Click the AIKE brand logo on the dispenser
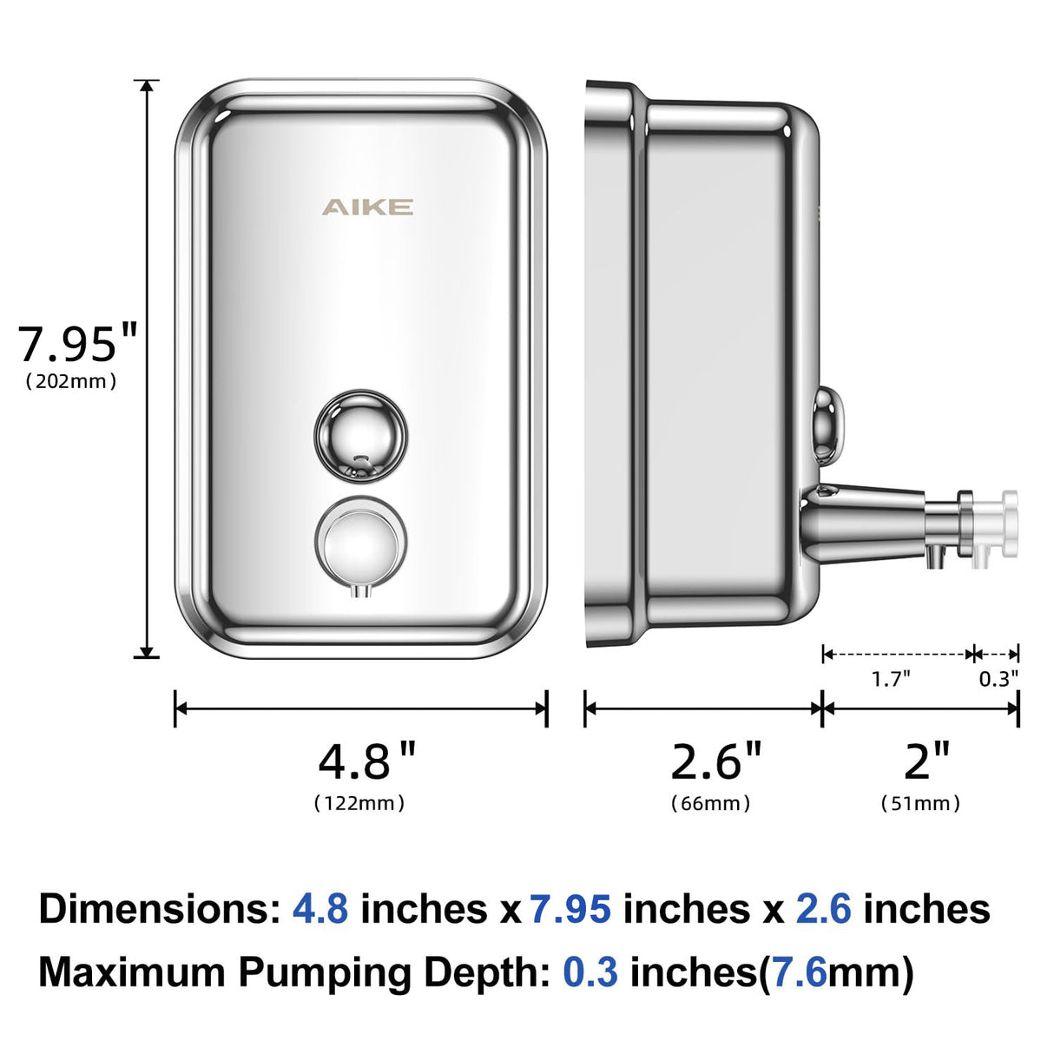[367, 207]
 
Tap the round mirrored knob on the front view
[360, 435]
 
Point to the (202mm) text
[71, 381]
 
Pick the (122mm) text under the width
[359, 803]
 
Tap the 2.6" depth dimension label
[715, 761]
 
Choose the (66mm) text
[711, 803]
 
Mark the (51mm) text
[921, 803]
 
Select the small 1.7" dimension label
[891, 679]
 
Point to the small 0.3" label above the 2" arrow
[998, 679]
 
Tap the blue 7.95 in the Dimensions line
[570, 909]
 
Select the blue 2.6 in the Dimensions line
[823, 909]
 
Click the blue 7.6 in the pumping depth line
[799, 972]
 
